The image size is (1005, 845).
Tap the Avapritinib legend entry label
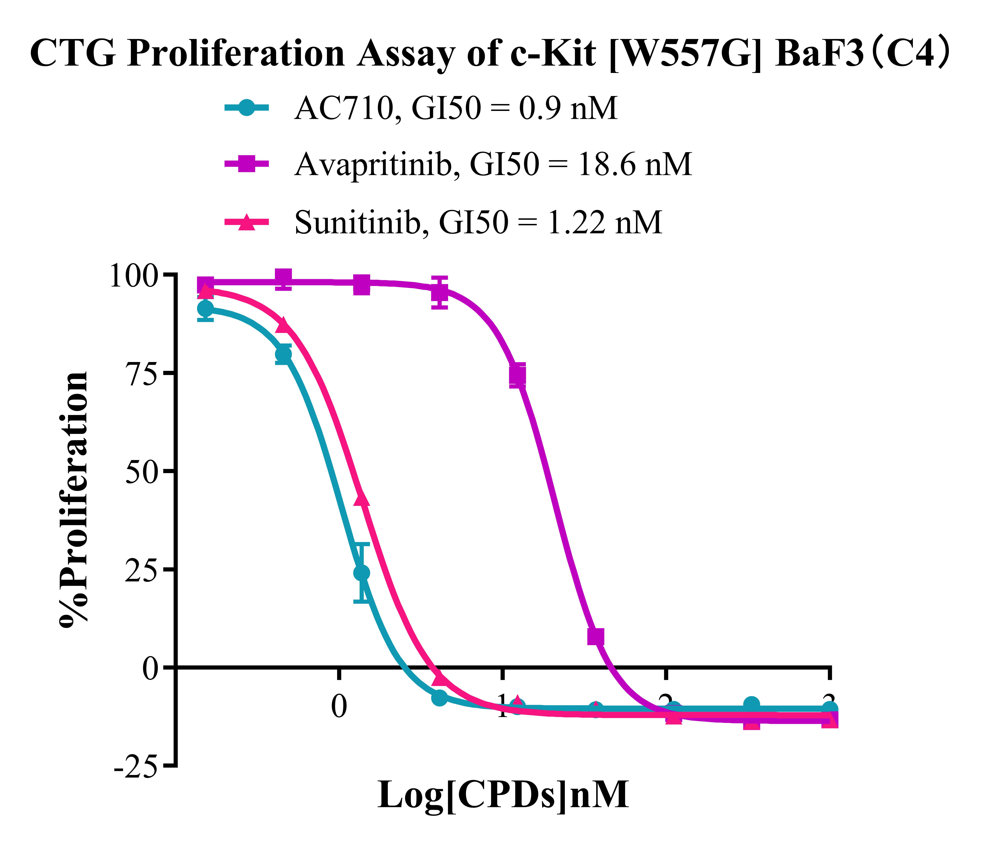(493, 165)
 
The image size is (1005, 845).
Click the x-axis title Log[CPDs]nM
(503, 795)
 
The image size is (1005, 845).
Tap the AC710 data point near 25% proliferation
(362, 573)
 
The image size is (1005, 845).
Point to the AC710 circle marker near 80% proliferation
(283, 354)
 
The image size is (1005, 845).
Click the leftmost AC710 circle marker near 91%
(205, 309)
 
